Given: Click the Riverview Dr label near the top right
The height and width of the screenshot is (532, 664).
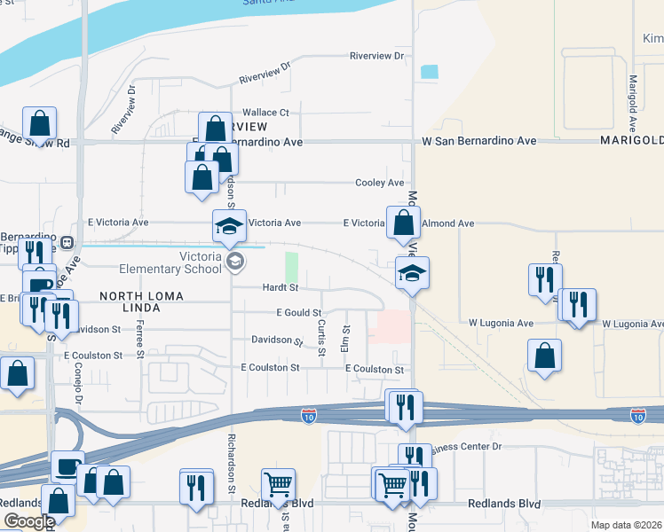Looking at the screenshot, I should click(x=376, y=56).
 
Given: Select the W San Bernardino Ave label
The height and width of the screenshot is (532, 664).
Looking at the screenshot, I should click(x=478, y=141).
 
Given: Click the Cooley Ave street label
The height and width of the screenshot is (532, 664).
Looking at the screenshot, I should click(x=379, y=183).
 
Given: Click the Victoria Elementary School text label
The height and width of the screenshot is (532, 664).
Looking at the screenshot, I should click(x=201, y=262).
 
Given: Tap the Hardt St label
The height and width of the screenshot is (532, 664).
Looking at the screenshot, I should click(x=280, y=287).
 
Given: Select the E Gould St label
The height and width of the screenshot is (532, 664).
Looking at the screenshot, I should click(x=297, y=312).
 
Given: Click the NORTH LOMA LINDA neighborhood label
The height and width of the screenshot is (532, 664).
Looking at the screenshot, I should click(x=130, y=301).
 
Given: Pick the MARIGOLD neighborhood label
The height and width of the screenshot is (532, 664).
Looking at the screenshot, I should click(x=631, y=141).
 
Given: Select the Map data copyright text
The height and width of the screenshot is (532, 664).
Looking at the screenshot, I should click(x=627, y=525).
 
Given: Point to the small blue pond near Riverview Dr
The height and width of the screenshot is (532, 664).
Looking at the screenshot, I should click(x=430, y=72).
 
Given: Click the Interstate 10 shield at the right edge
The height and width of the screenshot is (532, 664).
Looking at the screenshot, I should click(x=637, y=414).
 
